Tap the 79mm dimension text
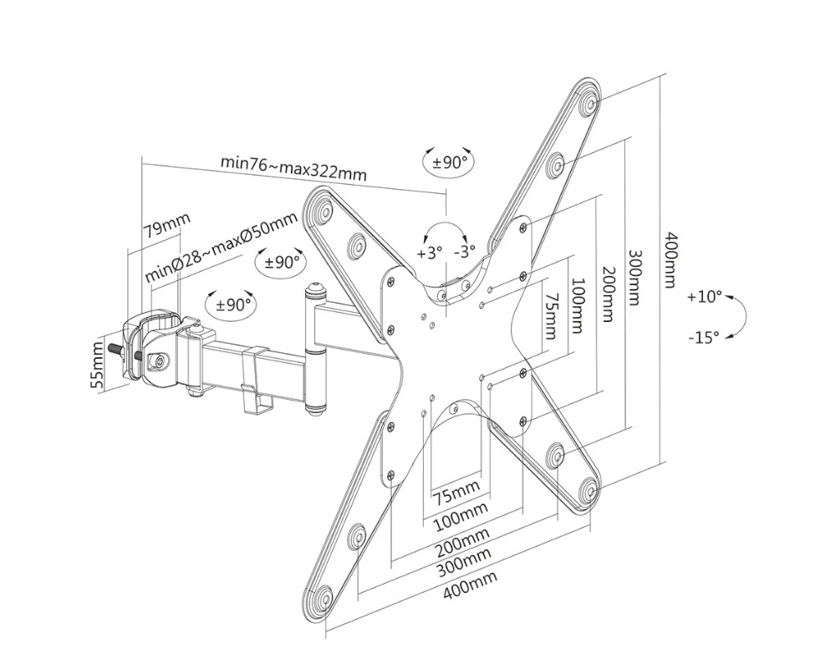coord(167,227)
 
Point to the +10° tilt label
coord(704,297)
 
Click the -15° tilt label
coord(704,337)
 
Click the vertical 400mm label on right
coord(670,259)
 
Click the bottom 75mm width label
coord(456,493)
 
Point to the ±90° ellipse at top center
coord(450,161)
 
